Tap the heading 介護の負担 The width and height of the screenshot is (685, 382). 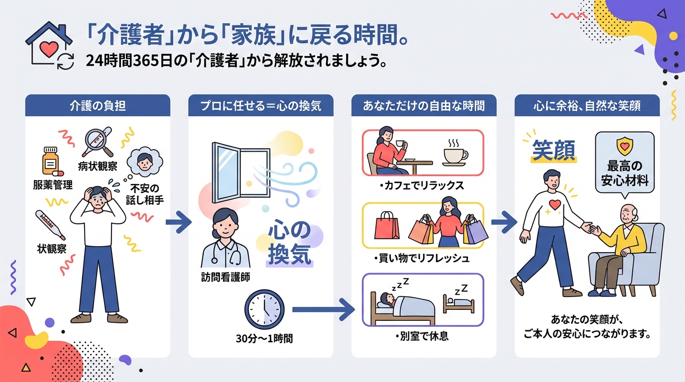point(98,106)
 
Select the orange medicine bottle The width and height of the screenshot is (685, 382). point(50,161)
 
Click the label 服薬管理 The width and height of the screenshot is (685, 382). point(53,185)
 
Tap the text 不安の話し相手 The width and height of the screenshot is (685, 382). point(145,194)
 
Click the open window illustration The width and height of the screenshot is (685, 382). point(240,173)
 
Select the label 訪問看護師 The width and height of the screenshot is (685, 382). point(226,277)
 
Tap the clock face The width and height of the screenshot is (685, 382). point(264,309)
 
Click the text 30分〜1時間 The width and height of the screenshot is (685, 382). point(264,339)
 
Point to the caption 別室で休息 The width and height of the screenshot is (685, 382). point(422,336)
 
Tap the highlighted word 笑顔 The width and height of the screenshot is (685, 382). point(553,150)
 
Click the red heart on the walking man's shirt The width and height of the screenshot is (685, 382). point(555,204)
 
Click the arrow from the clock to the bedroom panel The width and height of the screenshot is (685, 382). point(324,309)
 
